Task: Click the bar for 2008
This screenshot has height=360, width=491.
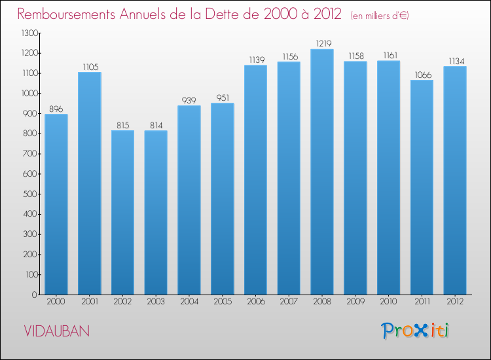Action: [321, 171]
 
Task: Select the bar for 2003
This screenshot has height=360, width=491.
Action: [156, 212]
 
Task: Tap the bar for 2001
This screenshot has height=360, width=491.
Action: [89, 183]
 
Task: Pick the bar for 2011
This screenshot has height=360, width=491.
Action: [422, 187]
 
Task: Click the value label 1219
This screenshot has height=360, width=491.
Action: [321, 44]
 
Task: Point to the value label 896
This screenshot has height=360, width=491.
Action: [56, 109]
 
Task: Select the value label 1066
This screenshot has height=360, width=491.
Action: [422, 75]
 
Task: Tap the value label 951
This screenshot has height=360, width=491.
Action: [222, 98]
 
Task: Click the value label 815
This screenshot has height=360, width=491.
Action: [122, 125]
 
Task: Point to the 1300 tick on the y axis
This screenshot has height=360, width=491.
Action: [27, 33]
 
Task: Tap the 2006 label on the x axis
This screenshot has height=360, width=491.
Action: [255, 302]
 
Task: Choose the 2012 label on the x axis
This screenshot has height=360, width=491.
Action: [455, 302]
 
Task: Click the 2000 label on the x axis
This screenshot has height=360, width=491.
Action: [56, 302]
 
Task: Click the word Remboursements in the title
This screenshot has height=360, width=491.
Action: [72, 14]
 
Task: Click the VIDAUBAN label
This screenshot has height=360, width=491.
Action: [56, 331]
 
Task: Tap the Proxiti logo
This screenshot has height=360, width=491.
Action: [415, 331]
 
